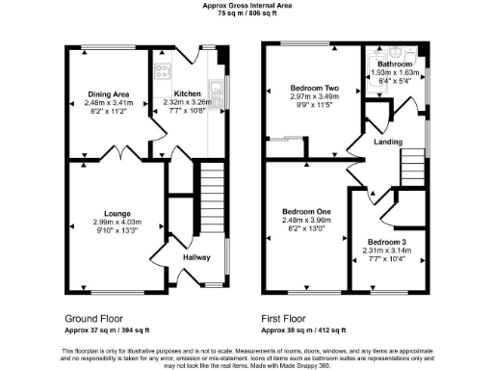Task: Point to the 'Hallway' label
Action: click(x=196, y=257)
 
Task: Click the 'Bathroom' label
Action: click(x=395, y=65)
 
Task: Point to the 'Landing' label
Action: click(x=388, y=142)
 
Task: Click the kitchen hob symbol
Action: click(x=161, y=69)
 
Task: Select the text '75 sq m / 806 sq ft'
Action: click(x=246, y=14)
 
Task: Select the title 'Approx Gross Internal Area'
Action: click(x=246, y=6)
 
